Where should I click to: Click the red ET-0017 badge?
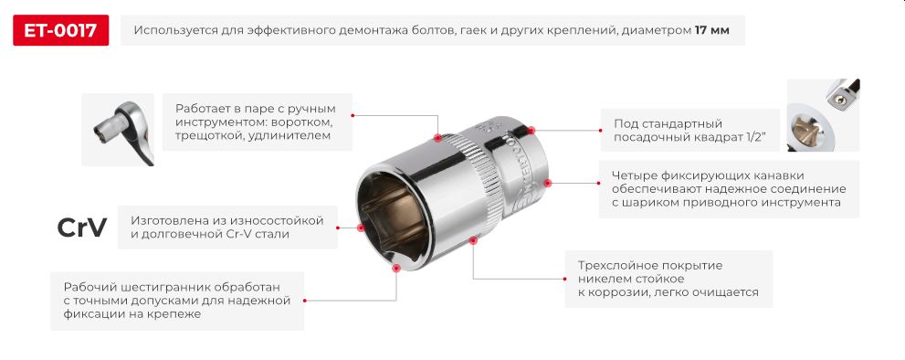point(61,30)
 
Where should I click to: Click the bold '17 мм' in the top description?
point(711,30)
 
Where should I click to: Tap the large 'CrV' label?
point(82,228)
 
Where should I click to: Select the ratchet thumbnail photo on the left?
point(118,129)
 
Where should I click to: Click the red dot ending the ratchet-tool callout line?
point(437,138)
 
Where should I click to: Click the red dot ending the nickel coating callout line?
point(473,240)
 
